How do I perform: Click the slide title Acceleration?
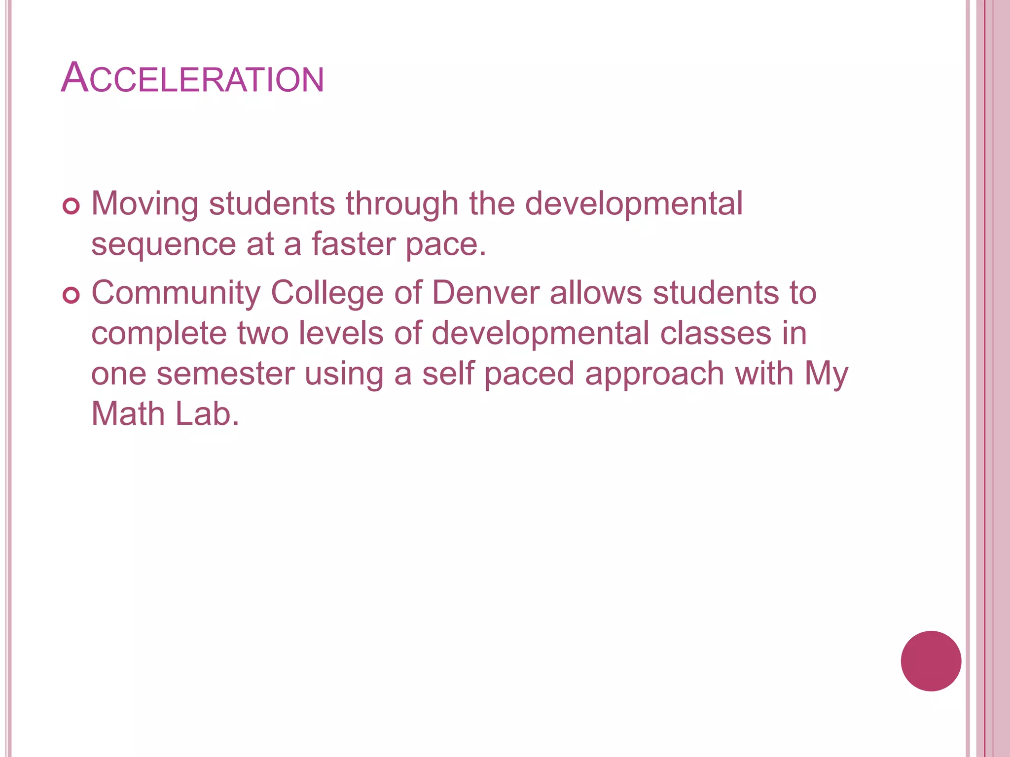(x=192, y=78)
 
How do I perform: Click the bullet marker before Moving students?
(x=72, y=206)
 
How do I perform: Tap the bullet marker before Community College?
(x=72, y=295)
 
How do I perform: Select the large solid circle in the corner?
(x=931, y=661)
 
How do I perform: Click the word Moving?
(x=144, y=204)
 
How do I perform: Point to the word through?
(x=402, y=204)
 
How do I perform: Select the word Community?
(x=176, y=293)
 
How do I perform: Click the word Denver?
(x=486, y=293)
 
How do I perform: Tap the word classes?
(x=716, y=334)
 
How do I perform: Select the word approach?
(x=654, y=375)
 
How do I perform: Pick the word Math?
(x=128, y=414)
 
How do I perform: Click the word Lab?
(x=207, y=414)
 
